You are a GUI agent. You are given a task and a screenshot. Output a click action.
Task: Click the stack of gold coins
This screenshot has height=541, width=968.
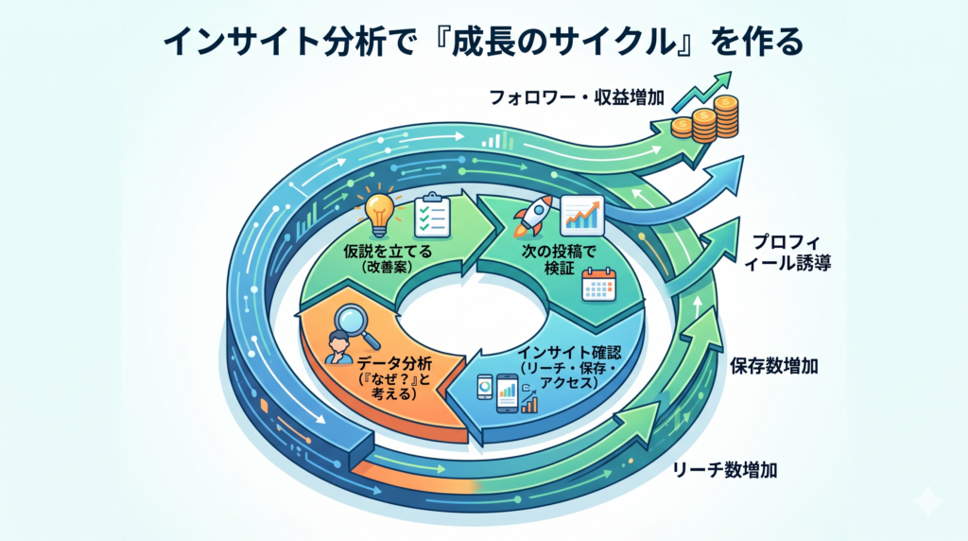click(704, 120)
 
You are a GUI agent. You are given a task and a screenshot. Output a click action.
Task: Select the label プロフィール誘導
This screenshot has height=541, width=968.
click(792, 253)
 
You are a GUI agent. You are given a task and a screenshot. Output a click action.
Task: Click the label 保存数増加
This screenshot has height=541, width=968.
click(774, 367)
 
